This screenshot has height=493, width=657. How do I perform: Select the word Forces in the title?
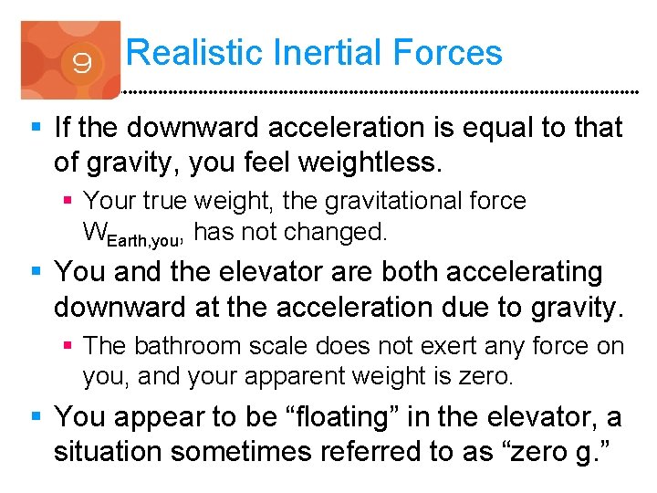pyautogui.click(x=448, y=52)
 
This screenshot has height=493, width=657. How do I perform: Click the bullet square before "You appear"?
pyautogui.click(x=36, y=418)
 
